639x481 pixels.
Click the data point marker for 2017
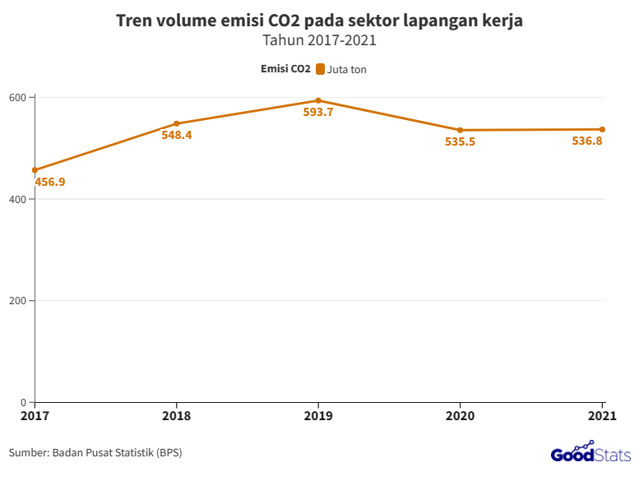point(35,170)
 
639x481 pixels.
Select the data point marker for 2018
point(177,123)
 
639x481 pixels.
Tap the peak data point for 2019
point(318,100)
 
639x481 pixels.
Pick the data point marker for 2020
point(461,130)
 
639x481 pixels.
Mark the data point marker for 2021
point(602,129)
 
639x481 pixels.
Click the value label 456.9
point(50,182)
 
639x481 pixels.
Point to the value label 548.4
point(177,135)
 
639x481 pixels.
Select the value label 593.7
point(318,113)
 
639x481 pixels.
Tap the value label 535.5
point(461,141)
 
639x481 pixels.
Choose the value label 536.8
point(587,141)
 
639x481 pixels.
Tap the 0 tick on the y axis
point(24,402)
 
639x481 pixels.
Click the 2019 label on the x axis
point(318,416)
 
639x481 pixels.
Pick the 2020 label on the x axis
point(461,416)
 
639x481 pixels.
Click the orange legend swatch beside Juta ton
point(320,70)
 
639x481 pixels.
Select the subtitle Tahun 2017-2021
point(319,39)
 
